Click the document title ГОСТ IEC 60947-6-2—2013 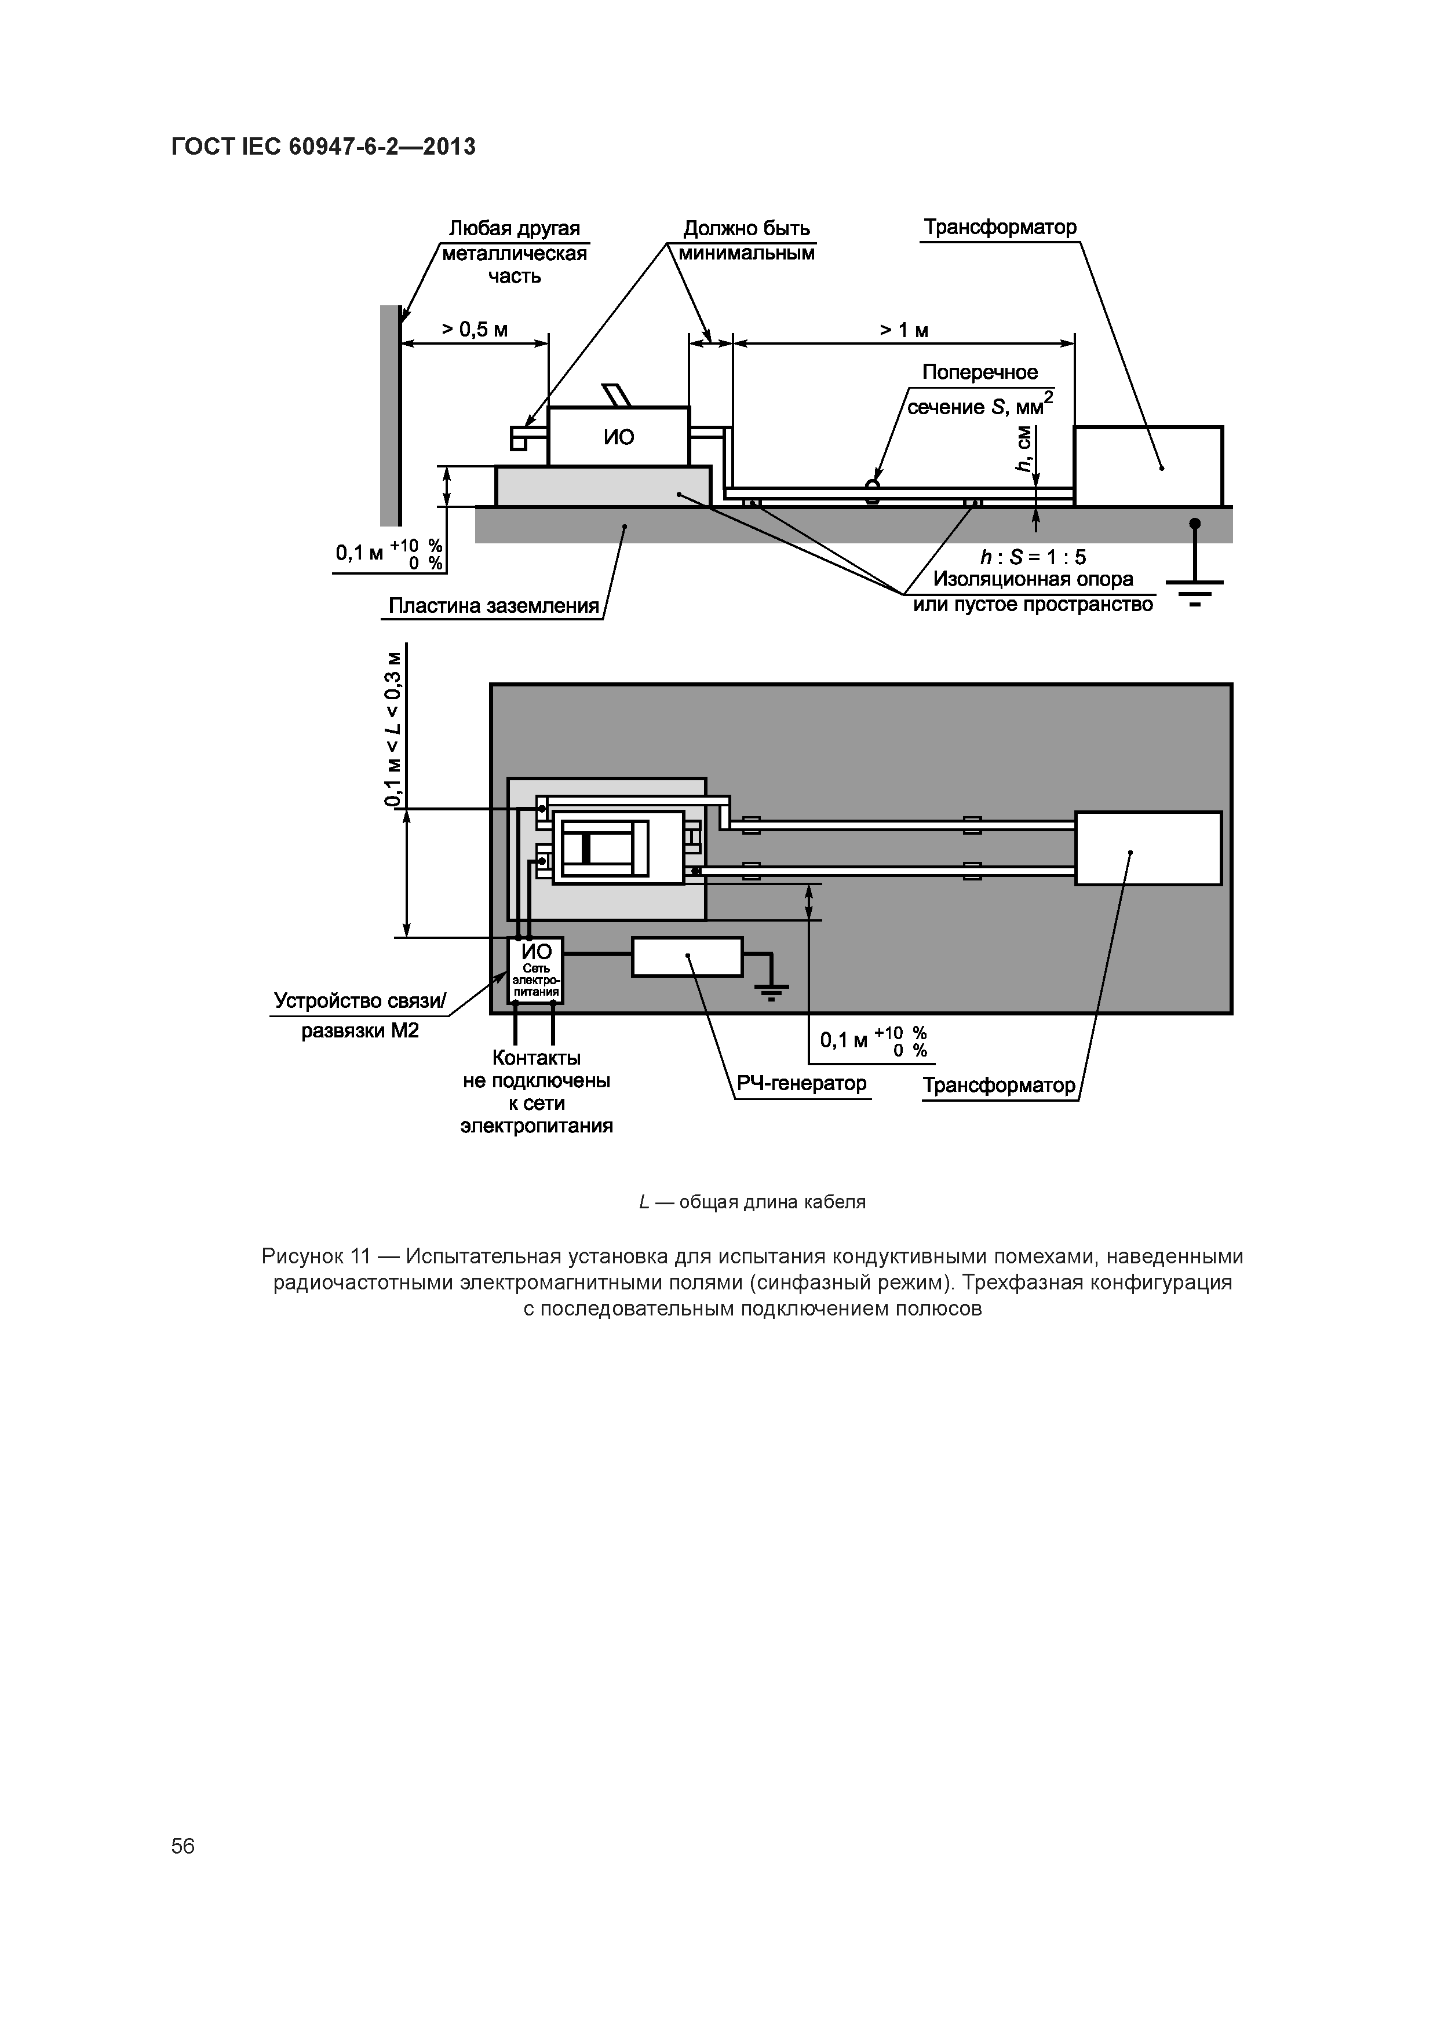(x=323, y=147)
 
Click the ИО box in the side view (x=618, y=436)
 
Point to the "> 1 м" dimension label (x=904, y=330)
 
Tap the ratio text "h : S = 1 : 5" (x=1033, y=557)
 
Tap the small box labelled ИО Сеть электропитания (x=535, y=971)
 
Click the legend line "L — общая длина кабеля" (x=752, y=1202)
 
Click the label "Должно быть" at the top (x=746, y=228)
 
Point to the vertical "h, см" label (x=1024, y=449)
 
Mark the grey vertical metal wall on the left (x=389, y=416)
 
